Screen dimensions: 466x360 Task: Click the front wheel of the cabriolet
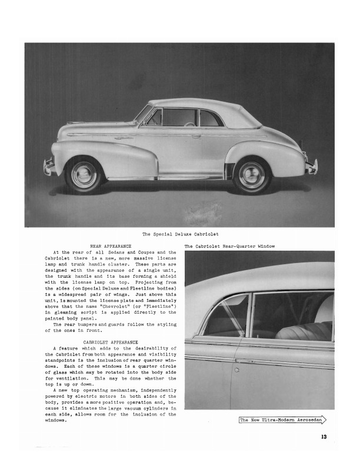click(84, 174)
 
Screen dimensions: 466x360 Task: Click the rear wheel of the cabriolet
click(252, 175)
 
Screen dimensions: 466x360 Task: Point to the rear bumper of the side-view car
click(311, 167)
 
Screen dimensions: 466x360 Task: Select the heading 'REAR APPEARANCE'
click(110, 246)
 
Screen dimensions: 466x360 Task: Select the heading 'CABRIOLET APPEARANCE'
click(111, 342)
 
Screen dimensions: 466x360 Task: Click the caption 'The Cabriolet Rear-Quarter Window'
click(229, 246)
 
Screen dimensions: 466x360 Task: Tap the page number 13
click(324, 436)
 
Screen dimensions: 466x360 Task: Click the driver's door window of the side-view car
click(179, 117)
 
